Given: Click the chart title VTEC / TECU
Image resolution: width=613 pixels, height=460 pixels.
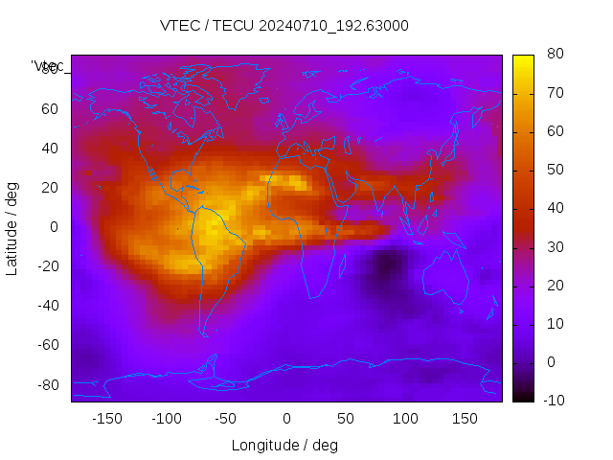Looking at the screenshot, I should click(284, 26).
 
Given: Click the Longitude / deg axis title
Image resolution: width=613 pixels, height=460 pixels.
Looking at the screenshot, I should click(284, 445).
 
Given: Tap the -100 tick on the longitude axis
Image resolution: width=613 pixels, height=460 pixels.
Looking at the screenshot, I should click(166, 419).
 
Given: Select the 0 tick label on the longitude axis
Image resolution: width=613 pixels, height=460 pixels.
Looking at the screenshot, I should click(285, 419).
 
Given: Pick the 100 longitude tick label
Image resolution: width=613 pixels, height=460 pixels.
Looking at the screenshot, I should click(405, 419).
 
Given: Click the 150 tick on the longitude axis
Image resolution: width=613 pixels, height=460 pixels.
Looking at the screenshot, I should click(465, 419).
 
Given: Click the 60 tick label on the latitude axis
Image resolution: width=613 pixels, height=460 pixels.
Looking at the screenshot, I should click(49, 108).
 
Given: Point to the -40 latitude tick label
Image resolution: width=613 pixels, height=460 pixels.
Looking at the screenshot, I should click(45, 306).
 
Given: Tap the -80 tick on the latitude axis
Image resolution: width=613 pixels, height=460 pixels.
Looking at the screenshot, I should click(45, 384).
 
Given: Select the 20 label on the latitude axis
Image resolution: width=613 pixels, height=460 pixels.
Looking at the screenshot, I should click(49, 187).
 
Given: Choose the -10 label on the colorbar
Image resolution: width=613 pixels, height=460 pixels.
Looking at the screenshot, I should click(554, 401).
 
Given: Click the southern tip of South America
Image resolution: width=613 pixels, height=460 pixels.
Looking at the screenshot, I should click(203, 333).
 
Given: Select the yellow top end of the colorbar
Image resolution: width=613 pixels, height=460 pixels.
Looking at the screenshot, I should click(523, 59).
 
